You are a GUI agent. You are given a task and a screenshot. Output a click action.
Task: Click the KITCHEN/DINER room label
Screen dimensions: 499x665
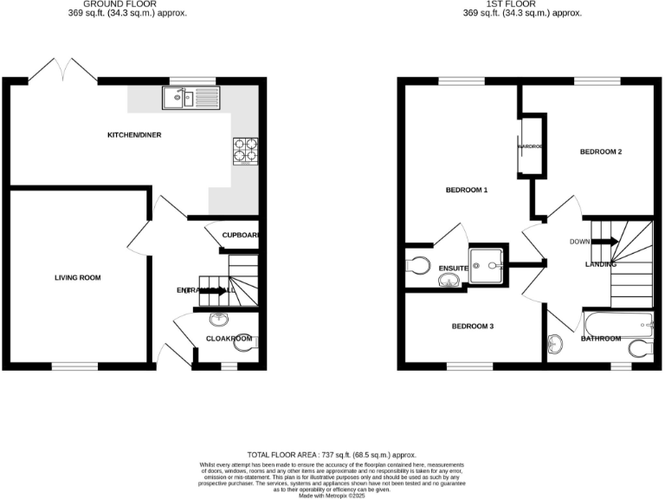pyautogui.click(x=134, y=135)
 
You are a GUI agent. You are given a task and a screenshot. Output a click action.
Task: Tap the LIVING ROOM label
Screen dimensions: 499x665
pyautogui.click(x=78, y=278)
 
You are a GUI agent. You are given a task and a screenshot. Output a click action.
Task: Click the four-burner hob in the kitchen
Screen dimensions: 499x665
pyautogui.click(x=244, y=152)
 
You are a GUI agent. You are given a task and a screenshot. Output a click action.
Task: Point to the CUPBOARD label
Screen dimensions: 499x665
pyautogui.click(x=240, y=236)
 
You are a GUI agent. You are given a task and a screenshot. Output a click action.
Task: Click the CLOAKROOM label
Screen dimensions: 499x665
pyautogui.click(x=229, y=340)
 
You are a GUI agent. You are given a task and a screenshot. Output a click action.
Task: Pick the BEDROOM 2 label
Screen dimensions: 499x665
pyautogui.click(x=601, y=152)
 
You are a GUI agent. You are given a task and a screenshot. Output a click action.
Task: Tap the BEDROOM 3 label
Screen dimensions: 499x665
pyautogui.click(x=472, y=327)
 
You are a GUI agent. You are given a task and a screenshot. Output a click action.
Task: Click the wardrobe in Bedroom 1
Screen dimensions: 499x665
pyautogui.click(x=531, y=146)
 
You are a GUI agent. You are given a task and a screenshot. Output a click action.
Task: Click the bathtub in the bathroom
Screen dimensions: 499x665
pyautogui.click(x=617, y=327)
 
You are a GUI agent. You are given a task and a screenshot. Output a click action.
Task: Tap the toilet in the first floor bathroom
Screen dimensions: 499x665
pyautogui.click(x=639, y=349)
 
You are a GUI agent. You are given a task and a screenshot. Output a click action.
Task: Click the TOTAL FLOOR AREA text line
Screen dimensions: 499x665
pyautogui.click(x=332, y=455)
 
